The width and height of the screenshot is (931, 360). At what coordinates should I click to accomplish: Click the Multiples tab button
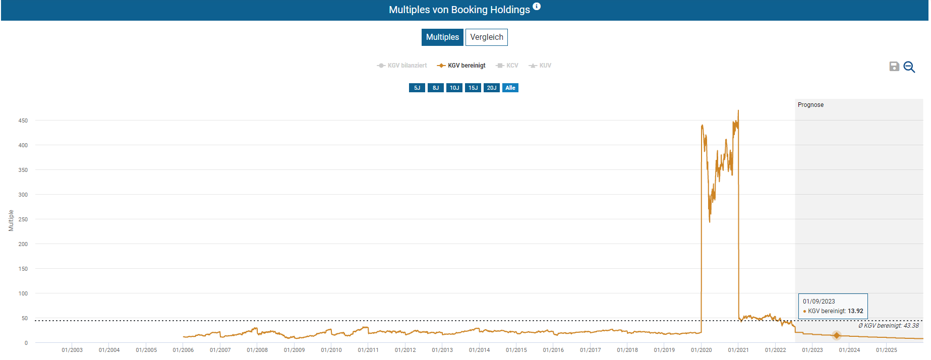pyautogui.click(x=442, y=37)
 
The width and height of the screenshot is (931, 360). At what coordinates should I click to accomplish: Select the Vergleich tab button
pyautogui.click(x=486, y=37)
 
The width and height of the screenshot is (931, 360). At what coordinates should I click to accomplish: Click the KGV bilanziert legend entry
pyautogui.click(x=402, y=66)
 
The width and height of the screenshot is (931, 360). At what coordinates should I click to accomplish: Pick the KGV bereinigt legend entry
pyautogui.click(x=461, y=66)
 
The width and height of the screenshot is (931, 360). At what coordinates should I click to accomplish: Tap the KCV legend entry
pyautogui.click(x=507, y=66)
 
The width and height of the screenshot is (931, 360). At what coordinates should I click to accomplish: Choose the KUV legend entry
pyautogui.click(x=540, y=66)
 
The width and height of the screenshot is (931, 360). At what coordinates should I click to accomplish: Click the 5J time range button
pyautogui.click(x=417, y=88)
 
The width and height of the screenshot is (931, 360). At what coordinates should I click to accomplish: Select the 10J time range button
pyautogui.click(x=454, y=88)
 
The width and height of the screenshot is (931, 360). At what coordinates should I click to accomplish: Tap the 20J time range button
pyautogui.click(x=492, y=88)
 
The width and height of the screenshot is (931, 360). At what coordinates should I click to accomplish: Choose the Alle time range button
pyautogui.click(x=510, y=88)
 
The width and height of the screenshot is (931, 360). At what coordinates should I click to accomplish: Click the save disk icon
pyautogui.click(x=894, y=67)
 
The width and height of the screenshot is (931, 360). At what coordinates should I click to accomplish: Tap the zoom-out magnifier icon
pyautogui.click(x=909, y=67)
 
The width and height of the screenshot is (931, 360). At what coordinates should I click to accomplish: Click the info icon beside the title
pyautogui.click(x=537, y=7)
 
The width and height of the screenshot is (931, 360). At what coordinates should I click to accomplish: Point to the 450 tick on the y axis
pyautogui.click(x=23, y=121)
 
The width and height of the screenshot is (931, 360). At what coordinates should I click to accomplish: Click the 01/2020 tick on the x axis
pyautogui.click(x=702, y=350)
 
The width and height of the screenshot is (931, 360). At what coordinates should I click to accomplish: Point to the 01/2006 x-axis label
pyautogui.click(x=183, y=350)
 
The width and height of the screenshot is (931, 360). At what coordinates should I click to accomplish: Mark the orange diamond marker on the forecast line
pyautogui.click(x=837, y=335)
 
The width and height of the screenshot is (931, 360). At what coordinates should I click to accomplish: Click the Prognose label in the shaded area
pyautogui.click(x=810, y=105)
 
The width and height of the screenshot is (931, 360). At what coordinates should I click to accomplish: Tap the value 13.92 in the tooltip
pyautogui.click(x=855, y=311)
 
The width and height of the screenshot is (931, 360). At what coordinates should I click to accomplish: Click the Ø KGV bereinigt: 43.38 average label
pyautogui.click(x=888, y=326)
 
